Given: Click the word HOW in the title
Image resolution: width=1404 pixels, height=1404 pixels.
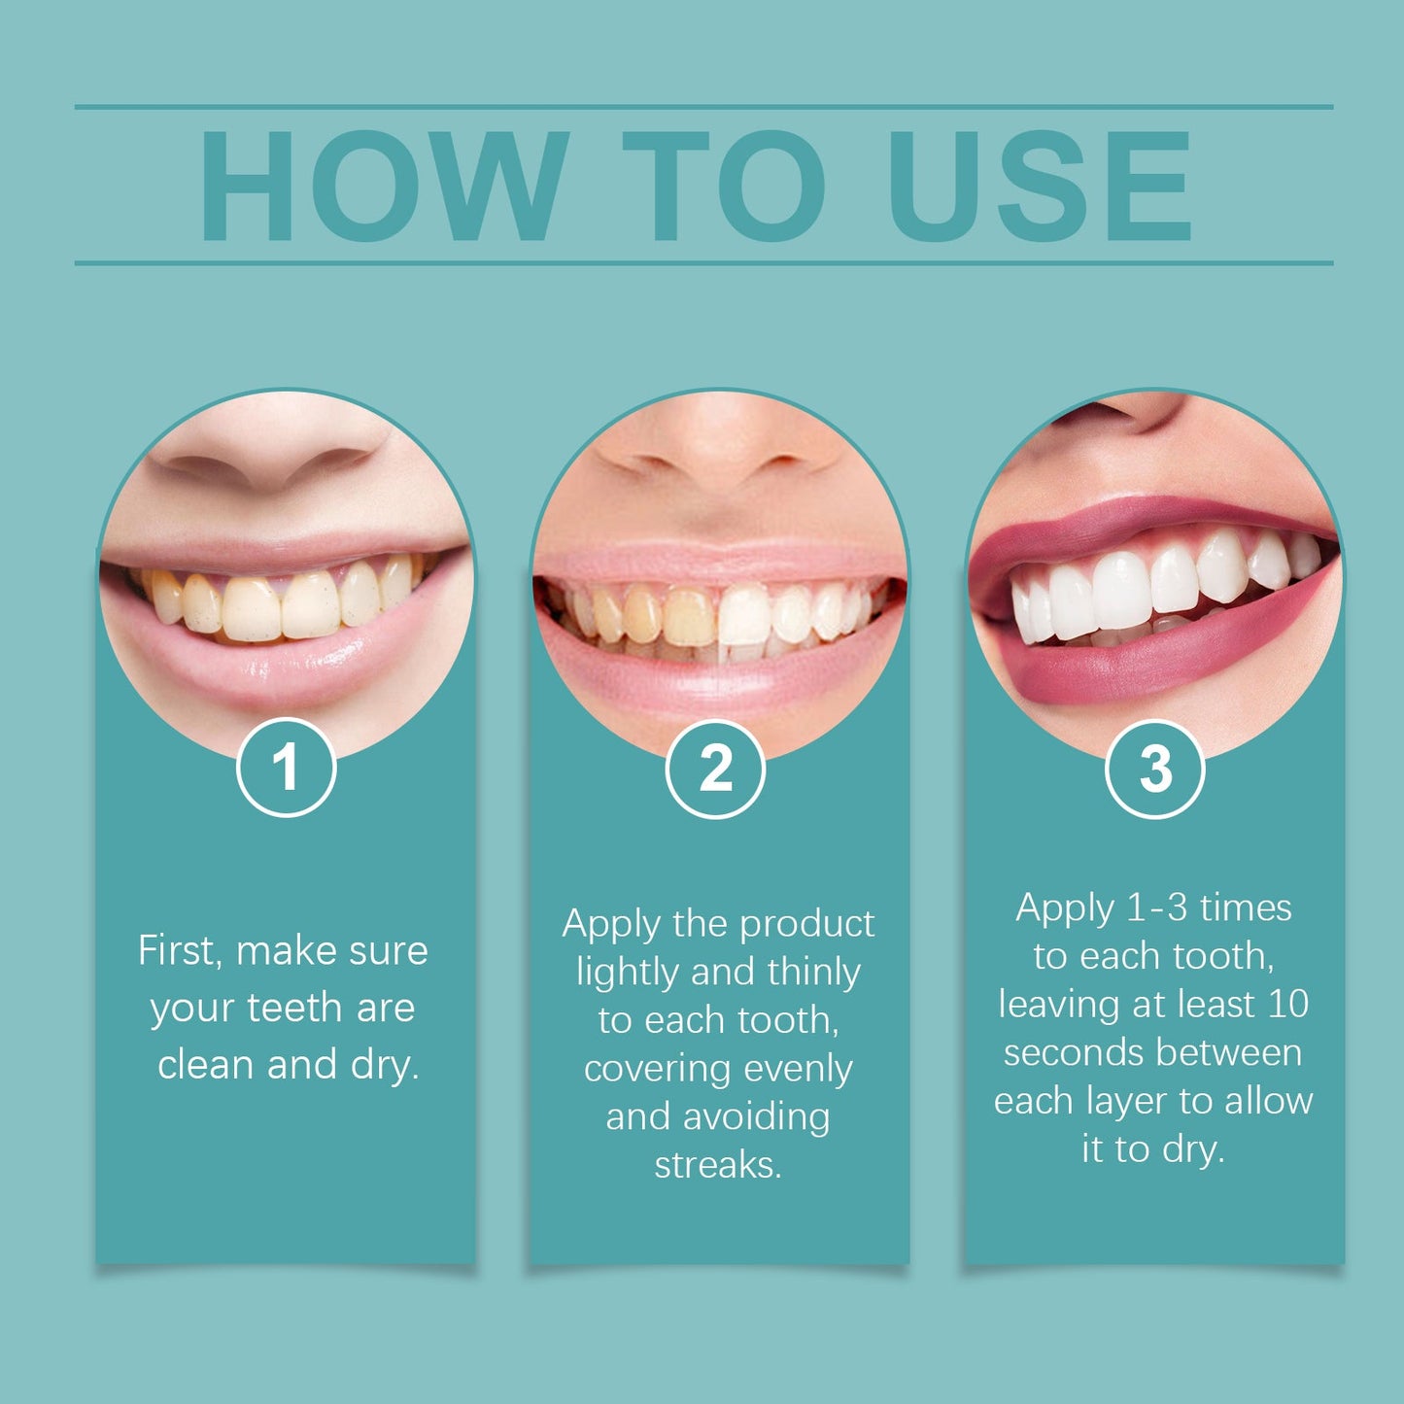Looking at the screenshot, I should click(383, 186).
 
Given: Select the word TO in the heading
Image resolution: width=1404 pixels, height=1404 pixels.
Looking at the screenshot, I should click(724, 186).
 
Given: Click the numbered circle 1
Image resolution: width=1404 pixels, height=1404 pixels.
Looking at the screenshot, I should click(286, 768).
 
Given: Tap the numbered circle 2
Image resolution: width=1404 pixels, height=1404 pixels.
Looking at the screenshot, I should click(715, 769).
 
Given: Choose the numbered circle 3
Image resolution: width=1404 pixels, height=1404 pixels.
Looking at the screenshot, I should click(1155, 769).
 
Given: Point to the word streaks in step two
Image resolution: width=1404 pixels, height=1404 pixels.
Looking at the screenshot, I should click(717, 1164).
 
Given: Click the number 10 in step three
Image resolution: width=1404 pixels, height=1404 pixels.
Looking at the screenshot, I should click(1287, 1004).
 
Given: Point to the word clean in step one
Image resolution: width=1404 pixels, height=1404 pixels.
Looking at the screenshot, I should click(206, 1065).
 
